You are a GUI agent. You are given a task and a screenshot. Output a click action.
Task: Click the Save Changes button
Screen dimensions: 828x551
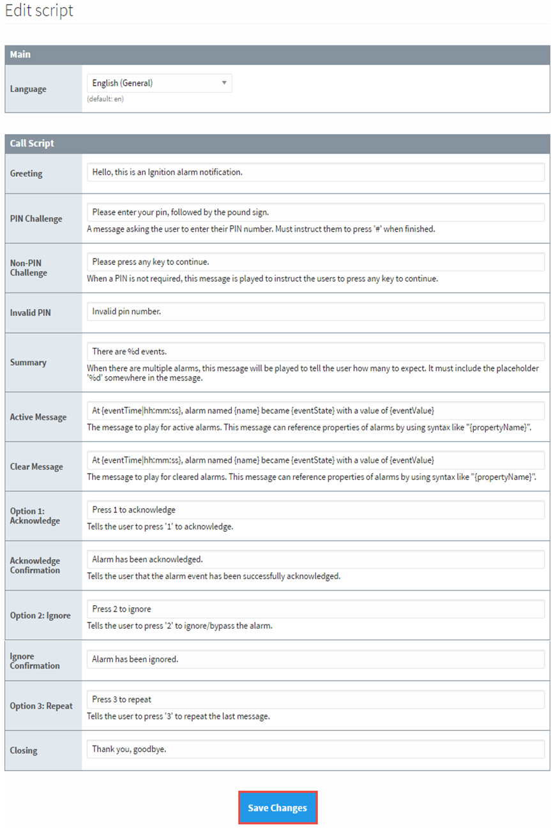278,808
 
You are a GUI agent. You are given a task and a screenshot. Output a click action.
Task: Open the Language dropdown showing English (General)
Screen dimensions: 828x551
159,83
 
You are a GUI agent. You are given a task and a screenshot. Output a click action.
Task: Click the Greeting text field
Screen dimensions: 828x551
315,172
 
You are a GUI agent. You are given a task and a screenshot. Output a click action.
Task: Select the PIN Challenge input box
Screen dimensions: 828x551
315,212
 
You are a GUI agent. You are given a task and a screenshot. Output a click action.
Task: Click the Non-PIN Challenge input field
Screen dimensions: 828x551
315,262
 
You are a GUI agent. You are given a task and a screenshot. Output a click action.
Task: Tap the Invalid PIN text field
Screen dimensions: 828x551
315,312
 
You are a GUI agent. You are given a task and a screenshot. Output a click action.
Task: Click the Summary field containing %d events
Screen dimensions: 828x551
315,351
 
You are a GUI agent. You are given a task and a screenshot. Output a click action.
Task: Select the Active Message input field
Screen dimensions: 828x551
315,410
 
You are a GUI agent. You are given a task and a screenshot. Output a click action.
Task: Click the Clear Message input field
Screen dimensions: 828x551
315,460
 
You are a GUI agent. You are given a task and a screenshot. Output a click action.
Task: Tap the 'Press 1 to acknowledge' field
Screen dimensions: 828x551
315,509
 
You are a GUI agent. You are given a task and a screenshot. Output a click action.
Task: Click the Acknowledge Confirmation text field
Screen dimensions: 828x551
315,559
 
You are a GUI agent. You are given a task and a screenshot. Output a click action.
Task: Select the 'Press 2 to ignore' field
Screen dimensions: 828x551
315,609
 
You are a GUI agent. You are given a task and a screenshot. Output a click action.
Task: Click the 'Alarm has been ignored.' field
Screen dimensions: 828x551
315,659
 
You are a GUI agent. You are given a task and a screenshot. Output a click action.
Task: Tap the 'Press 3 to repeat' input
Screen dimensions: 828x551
315,699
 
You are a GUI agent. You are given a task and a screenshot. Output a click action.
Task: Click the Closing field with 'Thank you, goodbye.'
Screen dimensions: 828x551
315,749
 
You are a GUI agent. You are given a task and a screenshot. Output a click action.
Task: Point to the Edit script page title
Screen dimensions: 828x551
40,11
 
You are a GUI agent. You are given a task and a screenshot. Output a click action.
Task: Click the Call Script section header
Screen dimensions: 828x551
32,144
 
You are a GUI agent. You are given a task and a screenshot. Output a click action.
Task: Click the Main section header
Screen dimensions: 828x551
20,55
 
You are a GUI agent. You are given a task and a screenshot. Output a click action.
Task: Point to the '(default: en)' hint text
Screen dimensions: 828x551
105,100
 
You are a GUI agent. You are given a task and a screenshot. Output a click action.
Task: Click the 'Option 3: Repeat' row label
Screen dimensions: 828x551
42,706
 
